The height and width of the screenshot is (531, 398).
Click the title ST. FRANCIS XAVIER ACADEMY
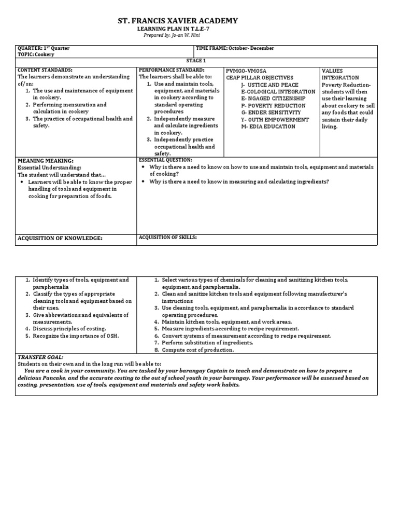[178, 21]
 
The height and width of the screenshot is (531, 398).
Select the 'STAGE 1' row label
[196, 61]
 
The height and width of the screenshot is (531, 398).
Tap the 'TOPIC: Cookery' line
[36, 54]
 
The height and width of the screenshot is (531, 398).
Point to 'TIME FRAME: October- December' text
[235, 48]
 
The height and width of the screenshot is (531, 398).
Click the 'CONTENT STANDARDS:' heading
[45, 69]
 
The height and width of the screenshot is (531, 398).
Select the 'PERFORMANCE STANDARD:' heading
[172, 69]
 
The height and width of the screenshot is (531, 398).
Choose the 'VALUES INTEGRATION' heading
[339, 74]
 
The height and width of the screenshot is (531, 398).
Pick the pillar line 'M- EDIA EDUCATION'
[268, 127]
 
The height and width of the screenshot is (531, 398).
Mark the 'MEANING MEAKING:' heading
[46, 161]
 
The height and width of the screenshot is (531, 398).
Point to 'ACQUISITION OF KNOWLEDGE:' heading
[60, 238]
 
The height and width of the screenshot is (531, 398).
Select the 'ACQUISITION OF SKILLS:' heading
[168, 237]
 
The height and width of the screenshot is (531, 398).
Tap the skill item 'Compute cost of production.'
[197, 350]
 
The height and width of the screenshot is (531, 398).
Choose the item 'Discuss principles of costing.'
[69, 329]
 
